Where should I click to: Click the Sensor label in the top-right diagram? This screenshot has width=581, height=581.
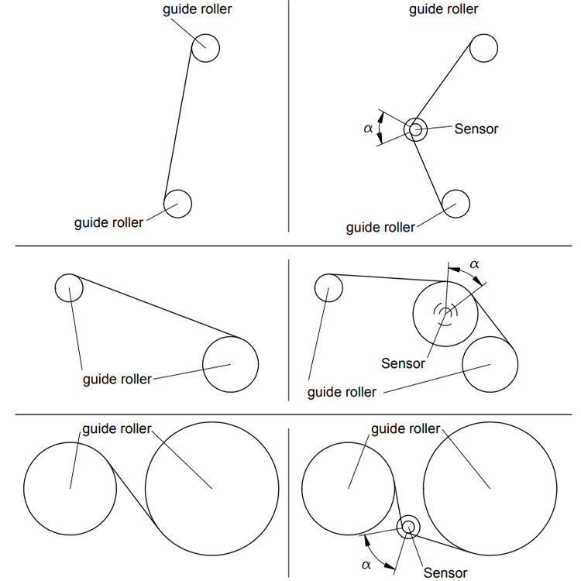[x=476, y=129]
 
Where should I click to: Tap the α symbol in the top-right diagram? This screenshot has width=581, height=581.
[x=368, y=129]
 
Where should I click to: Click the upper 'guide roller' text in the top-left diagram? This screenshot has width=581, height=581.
[x=197, y=9]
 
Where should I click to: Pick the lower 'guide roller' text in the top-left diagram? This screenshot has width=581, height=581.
[x=108, y=222]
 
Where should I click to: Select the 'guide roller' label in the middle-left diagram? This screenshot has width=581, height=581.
[x=117, y=379]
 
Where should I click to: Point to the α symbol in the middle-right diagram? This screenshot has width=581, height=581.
[x=474, y=264]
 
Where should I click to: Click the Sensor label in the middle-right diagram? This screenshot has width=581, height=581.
[x=403, y=363]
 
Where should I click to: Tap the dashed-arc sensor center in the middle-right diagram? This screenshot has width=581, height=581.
[x=445, y=313]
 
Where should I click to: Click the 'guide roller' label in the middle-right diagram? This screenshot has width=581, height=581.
[x=342, y=392]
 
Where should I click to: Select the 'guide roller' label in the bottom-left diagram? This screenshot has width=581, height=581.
[x=117, y=428]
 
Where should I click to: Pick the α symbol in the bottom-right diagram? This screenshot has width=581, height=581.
[x=366, y=565]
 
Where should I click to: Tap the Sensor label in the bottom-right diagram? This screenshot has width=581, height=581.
[x=445, y=572]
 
